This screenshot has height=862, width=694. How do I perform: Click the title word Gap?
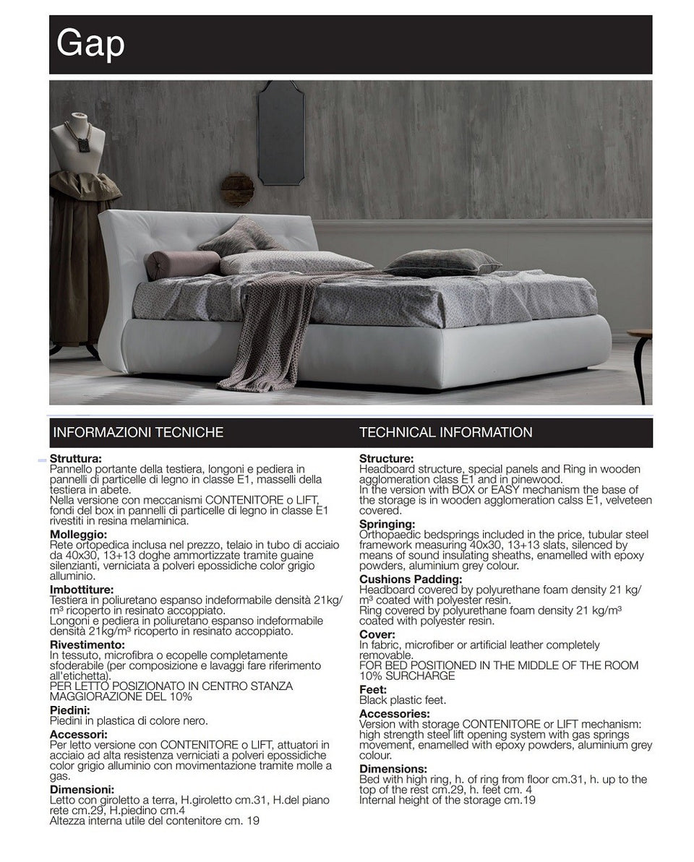pos(90,43)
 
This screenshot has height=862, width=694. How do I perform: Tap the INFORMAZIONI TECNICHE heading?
pos(138,433)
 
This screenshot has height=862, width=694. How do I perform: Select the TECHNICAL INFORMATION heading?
pos(445,433)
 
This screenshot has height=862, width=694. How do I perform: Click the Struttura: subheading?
pos(75,458)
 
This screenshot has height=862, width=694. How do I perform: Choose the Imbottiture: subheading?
pos(82,589)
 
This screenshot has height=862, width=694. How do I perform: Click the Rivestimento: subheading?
pos(87,644)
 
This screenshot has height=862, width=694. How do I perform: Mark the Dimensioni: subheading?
pos(82,790)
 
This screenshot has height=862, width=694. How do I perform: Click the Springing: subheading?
pos(387,524)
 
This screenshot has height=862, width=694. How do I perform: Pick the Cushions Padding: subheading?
pos(411,579)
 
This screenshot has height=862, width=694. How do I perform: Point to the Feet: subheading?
pos(373,689)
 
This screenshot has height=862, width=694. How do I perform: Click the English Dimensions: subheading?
pos(393,769)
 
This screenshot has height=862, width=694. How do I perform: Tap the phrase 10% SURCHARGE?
pos(407,676)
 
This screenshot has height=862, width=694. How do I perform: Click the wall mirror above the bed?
pos(280,132)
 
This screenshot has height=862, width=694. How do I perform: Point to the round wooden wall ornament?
pos(237,190)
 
